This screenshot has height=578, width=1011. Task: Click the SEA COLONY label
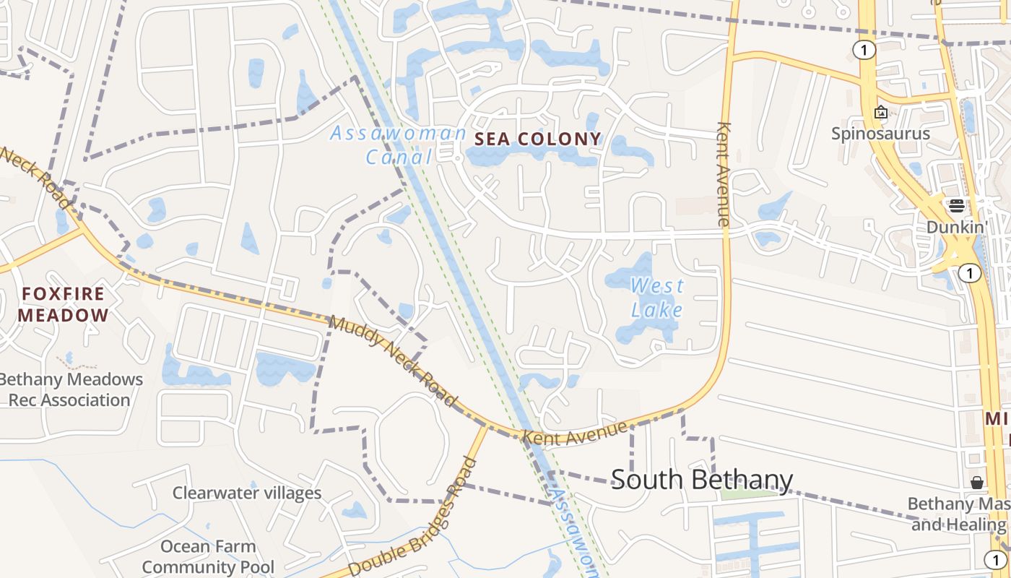(537, 139)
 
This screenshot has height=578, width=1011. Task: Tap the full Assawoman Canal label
(399, 144)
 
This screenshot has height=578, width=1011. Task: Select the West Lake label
(657, 298)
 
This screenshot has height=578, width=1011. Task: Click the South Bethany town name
(702, 480)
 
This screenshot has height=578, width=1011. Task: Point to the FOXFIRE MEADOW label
(64, 305)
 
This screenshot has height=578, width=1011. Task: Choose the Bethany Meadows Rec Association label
(70, 389)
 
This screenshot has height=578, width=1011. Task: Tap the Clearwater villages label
(247, 493)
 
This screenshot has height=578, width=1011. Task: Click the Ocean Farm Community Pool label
(208, 556)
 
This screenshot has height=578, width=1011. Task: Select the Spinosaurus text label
(880, 133)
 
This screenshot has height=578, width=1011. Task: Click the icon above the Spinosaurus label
(880, 112)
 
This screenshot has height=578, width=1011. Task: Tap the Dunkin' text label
(957, 227)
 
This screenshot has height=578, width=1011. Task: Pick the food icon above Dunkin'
(957, 206)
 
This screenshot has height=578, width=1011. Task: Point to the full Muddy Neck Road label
(394, 360)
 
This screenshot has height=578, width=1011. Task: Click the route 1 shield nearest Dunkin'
(969, 273)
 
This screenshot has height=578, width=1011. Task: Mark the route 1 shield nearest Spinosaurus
(864, 50)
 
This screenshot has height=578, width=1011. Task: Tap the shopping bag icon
(977, 482)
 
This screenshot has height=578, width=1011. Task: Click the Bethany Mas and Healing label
(959, 514)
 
